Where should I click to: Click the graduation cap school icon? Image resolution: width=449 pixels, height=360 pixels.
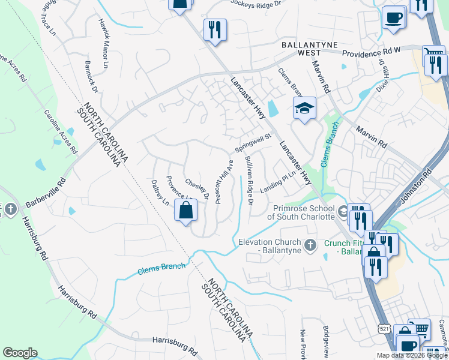[304, 109]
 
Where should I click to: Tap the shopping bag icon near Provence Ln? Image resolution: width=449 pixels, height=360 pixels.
[185, 211]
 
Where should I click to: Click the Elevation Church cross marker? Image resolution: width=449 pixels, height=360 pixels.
[310, 245]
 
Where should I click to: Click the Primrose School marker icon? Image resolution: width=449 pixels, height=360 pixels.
[342, 211]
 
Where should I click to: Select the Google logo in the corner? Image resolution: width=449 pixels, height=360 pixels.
[20, 353]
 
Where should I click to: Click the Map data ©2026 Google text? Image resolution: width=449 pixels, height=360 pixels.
[412, 355]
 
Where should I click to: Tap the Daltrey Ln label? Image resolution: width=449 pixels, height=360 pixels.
[161, 193]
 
